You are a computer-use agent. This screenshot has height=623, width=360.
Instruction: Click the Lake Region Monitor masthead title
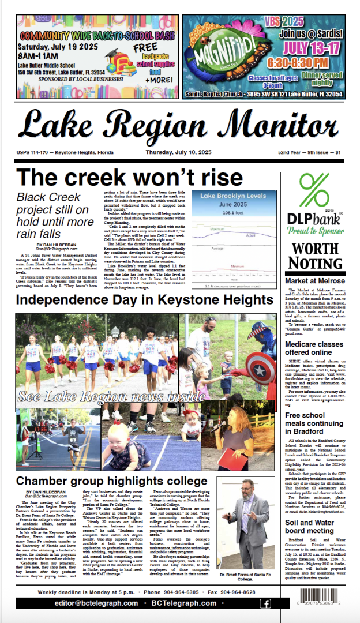178,125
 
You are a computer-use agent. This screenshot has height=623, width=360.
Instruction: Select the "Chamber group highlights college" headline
103,481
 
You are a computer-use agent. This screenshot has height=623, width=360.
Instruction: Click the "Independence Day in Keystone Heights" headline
144,301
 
